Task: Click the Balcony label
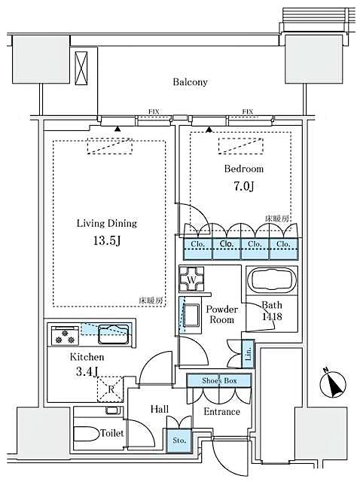coord(189,82)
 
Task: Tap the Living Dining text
coord(106,223)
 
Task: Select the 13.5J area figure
coord(106,243)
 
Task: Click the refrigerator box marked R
coord(110,388)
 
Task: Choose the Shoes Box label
coord(220,382)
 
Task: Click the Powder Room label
coord(222,315)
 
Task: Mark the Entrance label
coord(222,412)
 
